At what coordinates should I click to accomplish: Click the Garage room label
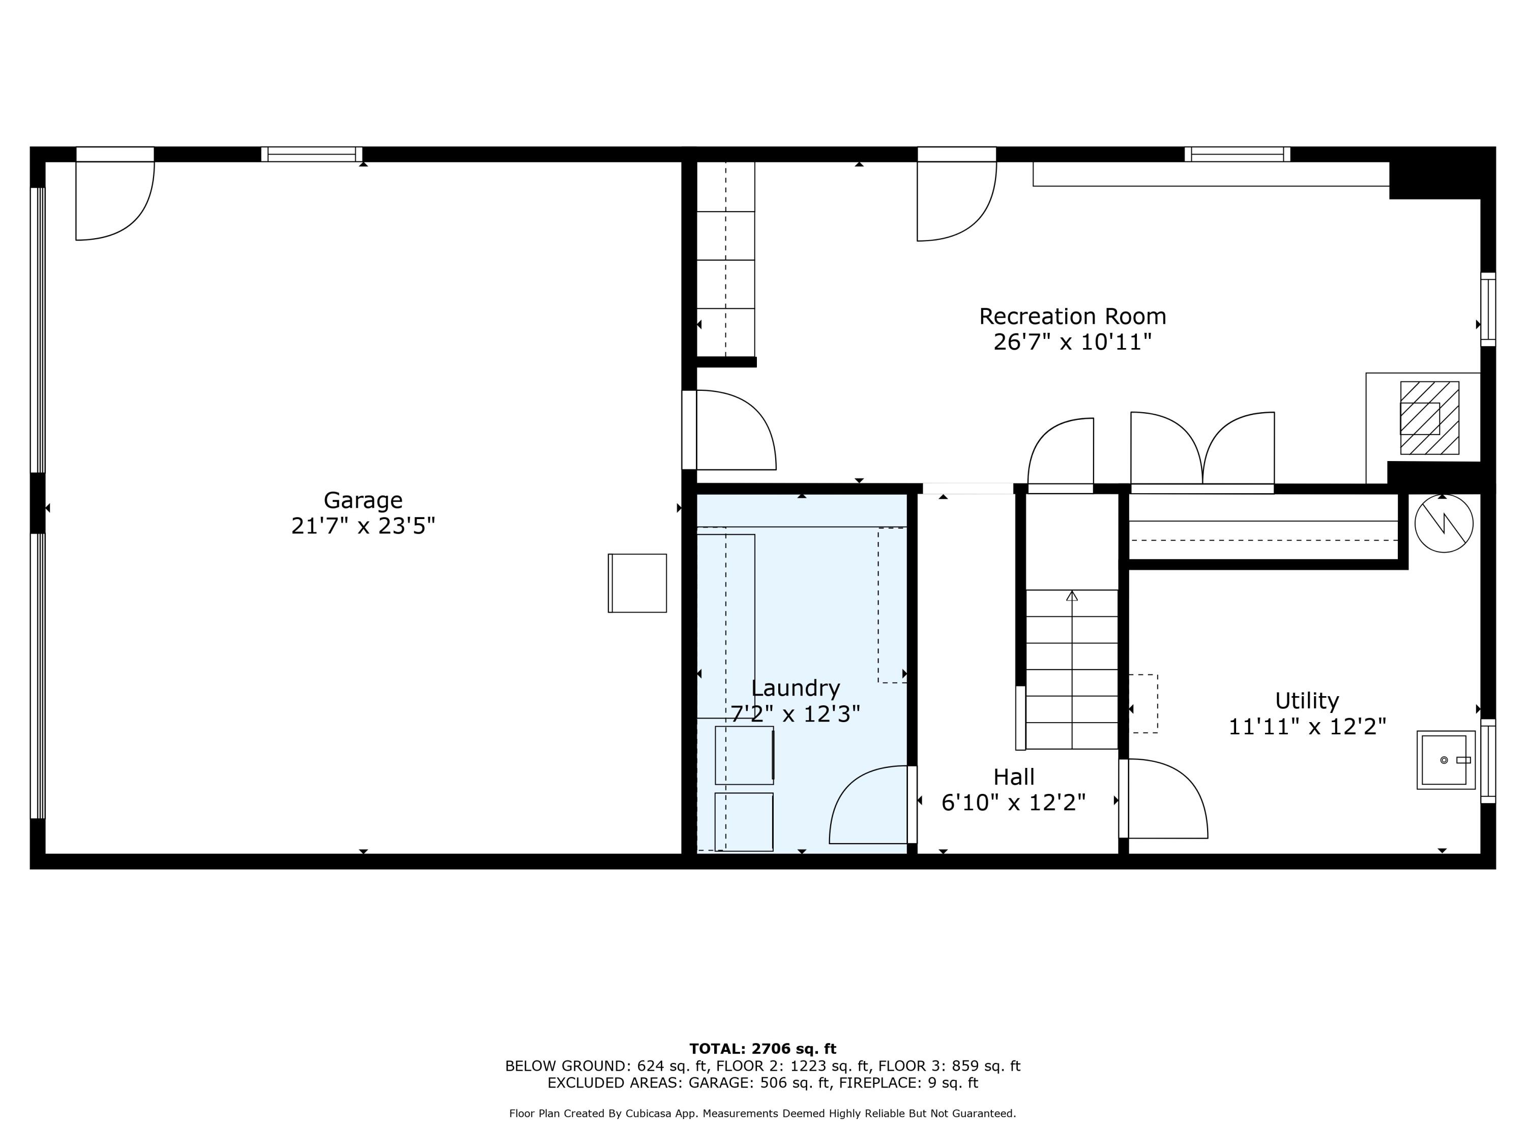click(363, 500)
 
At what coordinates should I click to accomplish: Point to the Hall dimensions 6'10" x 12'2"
click(1013, 803)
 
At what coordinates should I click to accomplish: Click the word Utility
click(1307, 701)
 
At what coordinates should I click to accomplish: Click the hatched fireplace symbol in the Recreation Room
click(1429, 418)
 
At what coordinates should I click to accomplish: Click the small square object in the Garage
click(637, 583)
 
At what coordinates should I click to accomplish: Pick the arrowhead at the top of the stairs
click(1071, 595)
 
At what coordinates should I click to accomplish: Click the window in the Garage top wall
click(312, 154)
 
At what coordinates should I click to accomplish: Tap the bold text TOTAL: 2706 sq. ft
click(762, 1049)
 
